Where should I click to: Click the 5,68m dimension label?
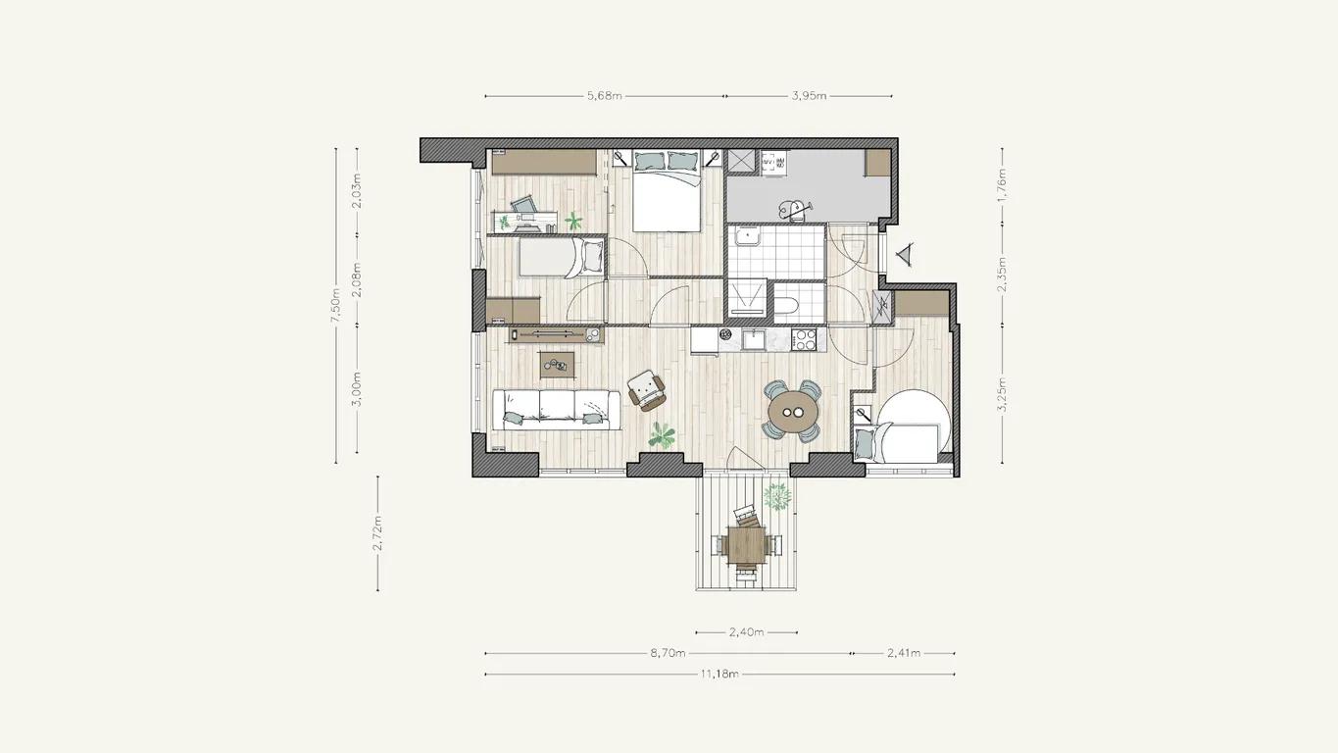click(605, 96)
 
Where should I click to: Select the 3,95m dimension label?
click(810, 96)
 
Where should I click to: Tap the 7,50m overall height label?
click(335, 305)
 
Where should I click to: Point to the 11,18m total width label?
click(719, 675)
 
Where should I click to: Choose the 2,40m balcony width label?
click(747, 631)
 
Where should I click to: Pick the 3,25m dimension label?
click(1003, 395)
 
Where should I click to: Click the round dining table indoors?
click(794, 412)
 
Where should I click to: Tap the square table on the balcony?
click(746, 545)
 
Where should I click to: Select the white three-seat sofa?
click(557, 410)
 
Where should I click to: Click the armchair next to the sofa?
click(646, 390)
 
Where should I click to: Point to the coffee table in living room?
click(139, 365)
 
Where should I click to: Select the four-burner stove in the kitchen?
click(804, 339)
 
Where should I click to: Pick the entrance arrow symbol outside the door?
click(906, 255)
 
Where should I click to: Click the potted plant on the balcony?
click(777, 497)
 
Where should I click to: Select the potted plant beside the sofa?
click(662, 435)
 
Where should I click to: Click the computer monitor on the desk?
click(523, 206)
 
